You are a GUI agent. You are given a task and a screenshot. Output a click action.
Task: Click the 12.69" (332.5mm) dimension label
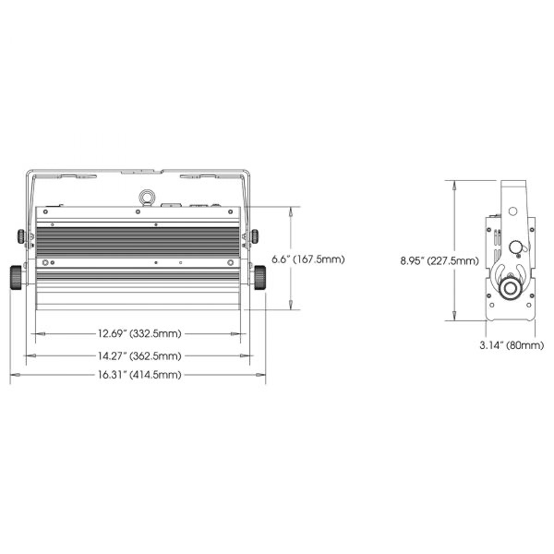[x=139, y=333]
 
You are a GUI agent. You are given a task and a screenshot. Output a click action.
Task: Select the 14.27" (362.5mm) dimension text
[x=139, y=355]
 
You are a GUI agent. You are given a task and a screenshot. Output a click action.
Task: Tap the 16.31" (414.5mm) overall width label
[x=139, y=375]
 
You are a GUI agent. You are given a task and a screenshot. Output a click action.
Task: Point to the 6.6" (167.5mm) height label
[x=308, y=259]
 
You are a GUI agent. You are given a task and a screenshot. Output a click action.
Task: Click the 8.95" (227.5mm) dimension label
[x=440, y=261]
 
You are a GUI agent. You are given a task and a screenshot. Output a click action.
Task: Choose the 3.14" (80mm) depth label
[x=512, y=345]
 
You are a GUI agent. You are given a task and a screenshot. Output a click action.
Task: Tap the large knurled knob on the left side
[x=16, y=278]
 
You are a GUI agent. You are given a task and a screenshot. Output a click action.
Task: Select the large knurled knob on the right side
[x=260, y=278]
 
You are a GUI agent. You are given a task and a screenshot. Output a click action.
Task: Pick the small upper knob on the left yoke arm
[x=21, y=236]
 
